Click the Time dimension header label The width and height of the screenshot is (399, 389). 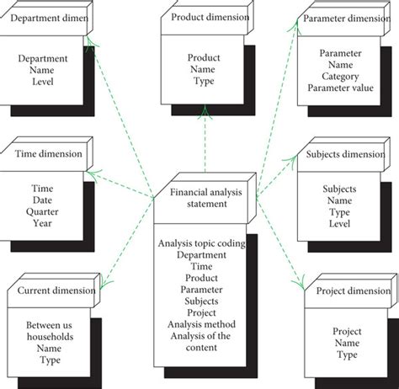pos(49,153)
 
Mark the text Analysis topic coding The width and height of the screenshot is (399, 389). pos(201,243)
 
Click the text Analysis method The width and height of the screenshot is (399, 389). pos(201,324)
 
